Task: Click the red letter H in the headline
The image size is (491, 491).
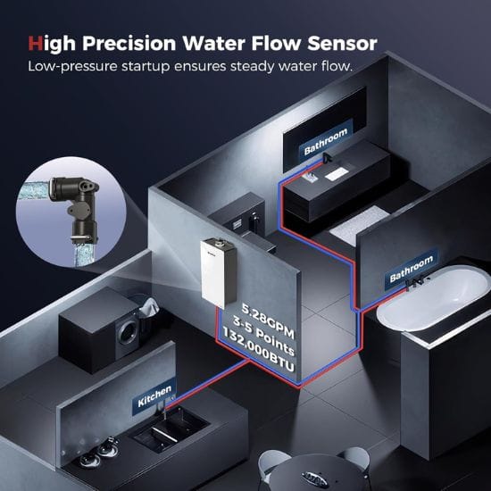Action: tap(36, 43)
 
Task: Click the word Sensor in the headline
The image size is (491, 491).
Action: tap(342, 43)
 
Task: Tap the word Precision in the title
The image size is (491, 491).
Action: tap(129, 43)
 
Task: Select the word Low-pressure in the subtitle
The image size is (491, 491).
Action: tap(72, 66)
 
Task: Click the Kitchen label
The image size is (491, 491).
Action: tap(154, 396)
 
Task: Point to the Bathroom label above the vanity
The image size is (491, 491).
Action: tap(326, 142)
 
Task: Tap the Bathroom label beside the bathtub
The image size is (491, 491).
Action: tap(412, 269)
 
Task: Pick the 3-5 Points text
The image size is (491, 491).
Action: tap(263, 337)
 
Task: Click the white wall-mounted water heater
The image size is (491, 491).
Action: tap(218, 272)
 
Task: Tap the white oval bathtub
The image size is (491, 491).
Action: tap(433, 298)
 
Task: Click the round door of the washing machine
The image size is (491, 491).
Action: tap(129, 333)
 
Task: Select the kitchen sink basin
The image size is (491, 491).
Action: tap(170, 429)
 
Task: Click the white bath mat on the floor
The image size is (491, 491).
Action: tap(360, 224)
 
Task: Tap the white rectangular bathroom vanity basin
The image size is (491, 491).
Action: tap(337, 174)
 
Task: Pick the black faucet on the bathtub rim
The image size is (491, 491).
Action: tap(414, 282)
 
